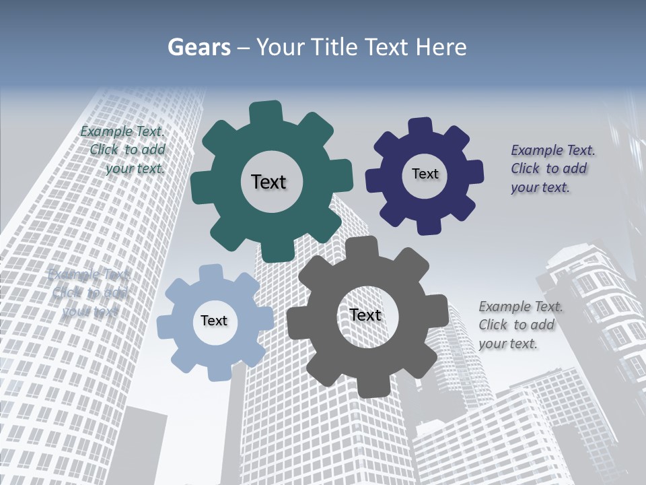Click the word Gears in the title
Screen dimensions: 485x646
(x=199, y=47)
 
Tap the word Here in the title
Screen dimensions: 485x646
(x=441, y=47)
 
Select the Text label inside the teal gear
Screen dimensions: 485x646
(x=268, y=182)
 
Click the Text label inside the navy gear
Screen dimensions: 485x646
(x=425, y=174)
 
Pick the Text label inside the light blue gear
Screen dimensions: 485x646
(x=214, y=321)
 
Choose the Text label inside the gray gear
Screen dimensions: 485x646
(x=365, y=315)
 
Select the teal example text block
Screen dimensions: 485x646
(x=124, y=150)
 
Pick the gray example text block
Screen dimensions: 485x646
(x=519, y=325)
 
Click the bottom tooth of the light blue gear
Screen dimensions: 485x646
(x=217, y=370)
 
